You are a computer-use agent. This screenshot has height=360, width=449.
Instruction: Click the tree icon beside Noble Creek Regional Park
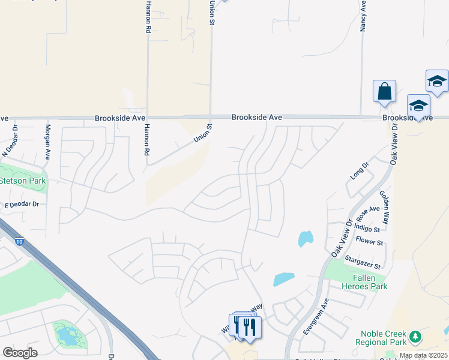[415, 338]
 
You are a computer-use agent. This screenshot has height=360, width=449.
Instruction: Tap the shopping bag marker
[384, 92]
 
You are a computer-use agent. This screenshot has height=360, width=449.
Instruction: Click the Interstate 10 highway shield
[20, 242]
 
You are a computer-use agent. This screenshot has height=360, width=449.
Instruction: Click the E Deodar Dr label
[22, 205]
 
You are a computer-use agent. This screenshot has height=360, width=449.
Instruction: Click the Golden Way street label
[384, 206]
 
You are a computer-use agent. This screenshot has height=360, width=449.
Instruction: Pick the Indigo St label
[367, 228]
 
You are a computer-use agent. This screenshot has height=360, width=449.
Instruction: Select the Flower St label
[369, 242]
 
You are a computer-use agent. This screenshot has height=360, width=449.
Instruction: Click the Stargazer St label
[363, 262]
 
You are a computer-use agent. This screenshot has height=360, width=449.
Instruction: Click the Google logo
[20, 353]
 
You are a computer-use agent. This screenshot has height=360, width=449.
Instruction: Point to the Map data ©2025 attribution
[423, 355]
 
